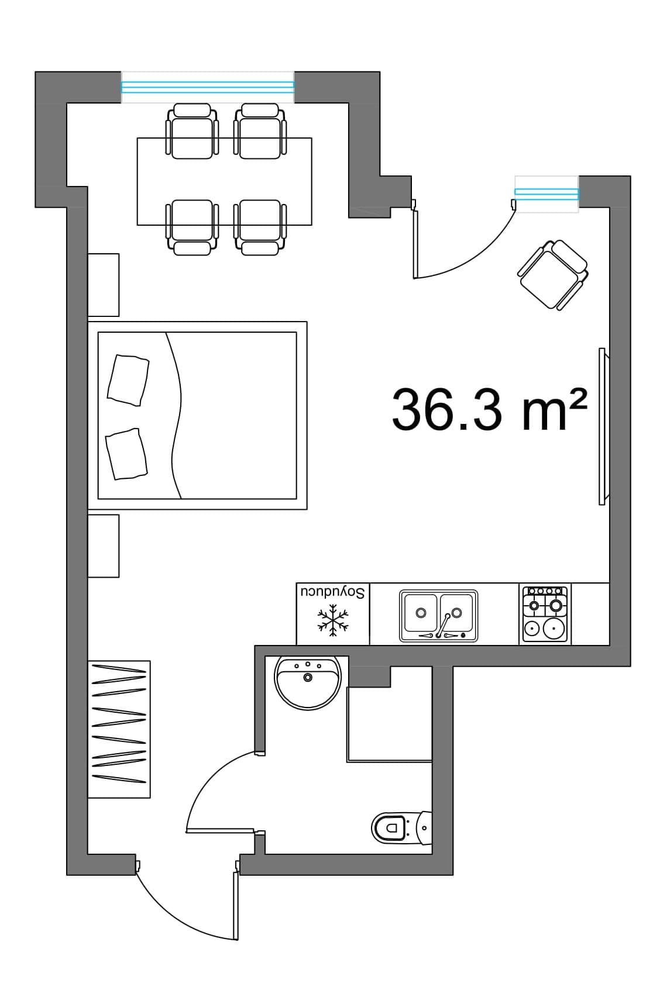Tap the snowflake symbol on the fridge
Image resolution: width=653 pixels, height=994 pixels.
tap(333, 620)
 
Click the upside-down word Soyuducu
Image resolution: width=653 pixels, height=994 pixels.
tap(333, 592)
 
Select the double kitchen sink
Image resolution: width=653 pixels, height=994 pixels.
tap(438, 616)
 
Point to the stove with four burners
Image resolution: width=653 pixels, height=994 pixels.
tap(545, 614)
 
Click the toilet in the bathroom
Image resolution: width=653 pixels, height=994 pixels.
tap(401, 827)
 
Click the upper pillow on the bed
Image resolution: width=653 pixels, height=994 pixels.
tap(128, 380)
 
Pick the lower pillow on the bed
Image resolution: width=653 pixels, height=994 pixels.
tap(126, 454)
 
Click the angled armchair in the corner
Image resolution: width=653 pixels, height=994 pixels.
tap(553, 275)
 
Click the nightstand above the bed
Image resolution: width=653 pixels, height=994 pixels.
tap(104, 285)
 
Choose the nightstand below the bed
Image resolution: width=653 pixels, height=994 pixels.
tap(104, 546)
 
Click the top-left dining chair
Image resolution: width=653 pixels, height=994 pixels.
tap(192, 132)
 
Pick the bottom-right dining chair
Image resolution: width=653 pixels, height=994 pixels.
tap(260, 227)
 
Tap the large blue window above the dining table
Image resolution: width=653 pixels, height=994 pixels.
tap(208, 87)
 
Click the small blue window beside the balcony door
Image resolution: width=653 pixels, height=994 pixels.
tap(547, 194)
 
